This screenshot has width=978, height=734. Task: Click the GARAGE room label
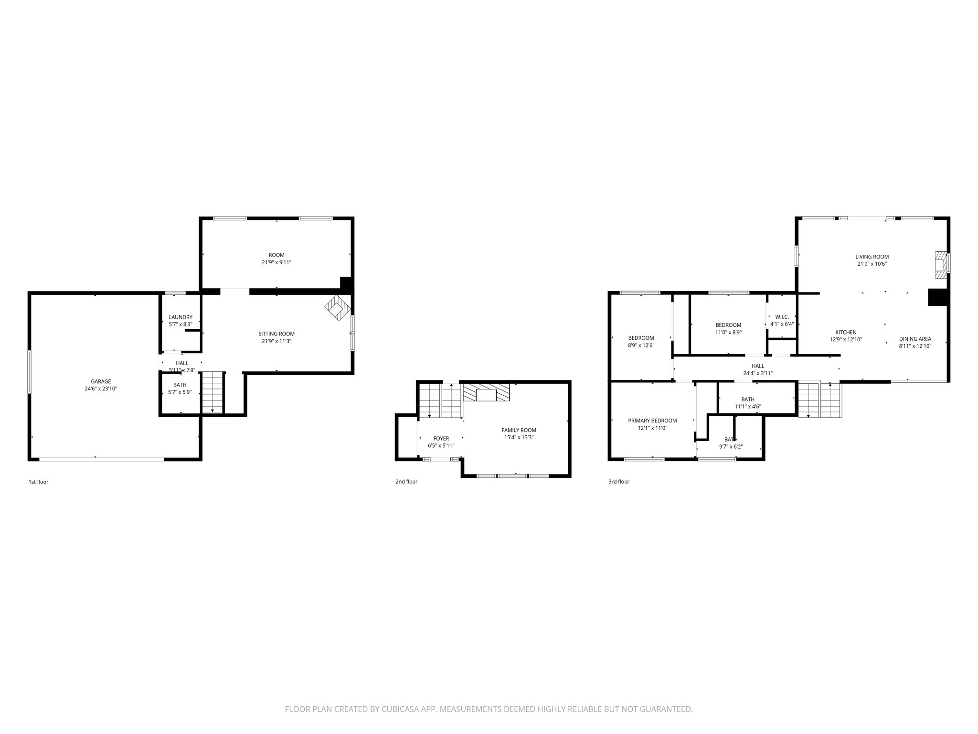click(101, 381)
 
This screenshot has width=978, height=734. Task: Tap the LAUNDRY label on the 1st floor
click(181, 317)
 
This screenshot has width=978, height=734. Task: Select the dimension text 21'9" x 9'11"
click(276, 262)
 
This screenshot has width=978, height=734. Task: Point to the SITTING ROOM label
click(276, 334)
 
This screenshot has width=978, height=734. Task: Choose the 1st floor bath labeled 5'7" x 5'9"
click(180, 388)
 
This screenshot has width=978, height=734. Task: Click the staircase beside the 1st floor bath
click(212, 391)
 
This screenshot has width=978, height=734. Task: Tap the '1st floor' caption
click(38, 482)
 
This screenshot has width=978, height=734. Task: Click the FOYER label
click(441, 438)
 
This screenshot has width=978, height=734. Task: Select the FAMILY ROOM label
click(519, 430)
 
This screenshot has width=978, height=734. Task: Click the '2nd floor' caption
click(406, 482)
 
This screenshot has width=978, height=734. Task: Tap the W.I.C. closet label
click(782, 317)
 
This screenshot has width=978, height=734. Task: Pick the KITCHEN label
click(846, 332)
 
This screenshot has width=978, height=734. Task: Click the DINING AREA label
click(915, 339)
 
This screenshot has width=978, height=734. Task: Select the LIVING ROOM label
click(872, 257)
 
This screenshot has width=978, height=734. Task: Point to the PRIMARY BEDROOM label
click(652, 421)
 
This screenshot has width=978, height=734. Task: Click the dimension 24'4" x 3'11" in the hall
click(758, 373)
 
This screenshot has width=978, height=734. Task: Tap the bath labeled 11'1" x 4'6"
click(748, 403)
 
